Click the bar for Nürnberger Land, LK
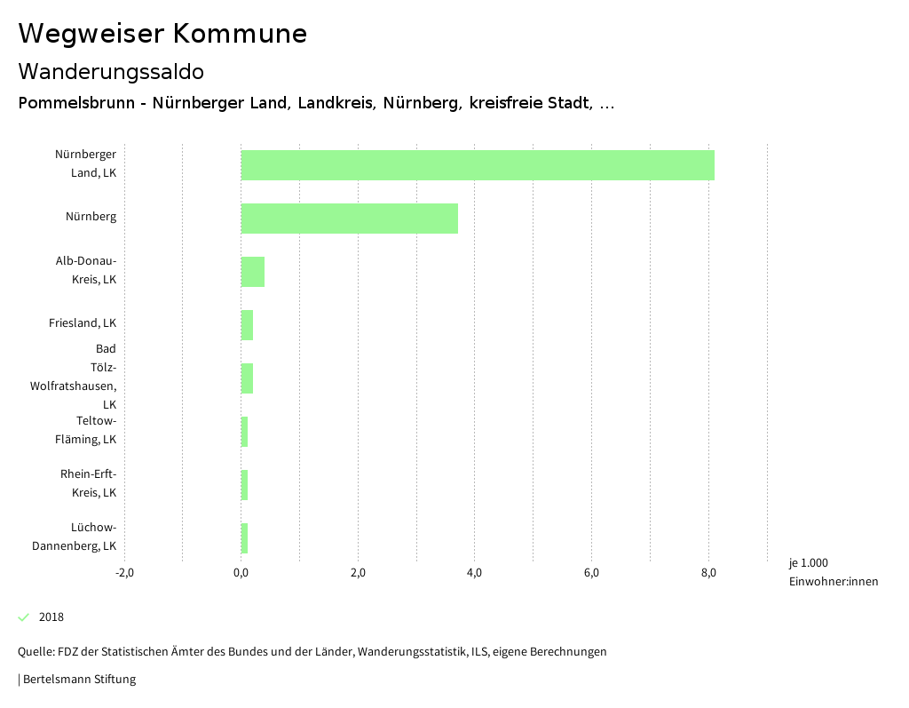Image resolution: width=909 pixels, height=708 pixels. pos(478,165)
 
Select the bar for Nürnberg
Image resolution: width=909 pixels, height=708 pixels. pos(350,219)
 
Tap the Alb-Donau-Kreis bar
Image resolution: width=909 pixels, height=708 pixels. pos(253,272)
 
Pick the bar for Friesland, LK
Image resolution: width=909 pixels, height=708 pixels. pos(247,325)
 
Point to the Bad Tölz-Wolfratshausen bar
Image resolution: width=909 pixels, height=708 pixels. pos(247,378)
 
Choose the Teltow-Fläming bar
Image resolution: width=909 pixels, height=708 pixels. pos(244,432)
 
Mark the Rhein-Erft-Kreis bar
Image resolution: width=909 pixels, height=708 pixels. pos(244,485)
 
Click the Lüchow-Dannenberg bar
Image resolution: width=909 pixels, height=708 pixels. pos(244,538)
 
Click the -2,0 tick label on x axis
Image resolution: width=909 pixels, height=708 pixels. pos(124,572)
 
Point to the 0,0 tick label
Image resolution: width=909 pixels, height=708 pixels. pos(241,572)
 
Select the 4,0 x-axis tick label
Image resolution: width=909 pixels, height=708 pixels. pos(474,572)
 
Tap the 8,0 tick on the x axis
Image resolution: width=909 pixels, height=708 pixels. pos(708,572)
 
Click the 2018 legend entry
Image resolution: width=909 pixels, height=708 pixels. pos(51,617)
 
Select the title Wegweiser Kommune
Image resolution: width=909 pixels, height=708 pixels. pos(162,34)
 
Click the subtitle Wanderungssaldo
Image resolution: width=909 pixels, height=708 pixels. pos(111,71)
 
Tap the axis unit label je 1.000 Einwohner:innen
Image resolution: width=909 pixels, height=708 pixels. pos(833,572)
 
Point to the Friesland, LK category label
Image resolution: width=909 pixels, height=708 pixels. pos(83,322)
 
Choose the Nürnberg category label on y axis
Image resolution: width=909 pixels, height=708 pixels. pos(91,216)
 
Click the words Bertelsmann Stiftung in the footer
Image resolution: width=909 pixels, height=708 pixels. pos(79,680)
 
